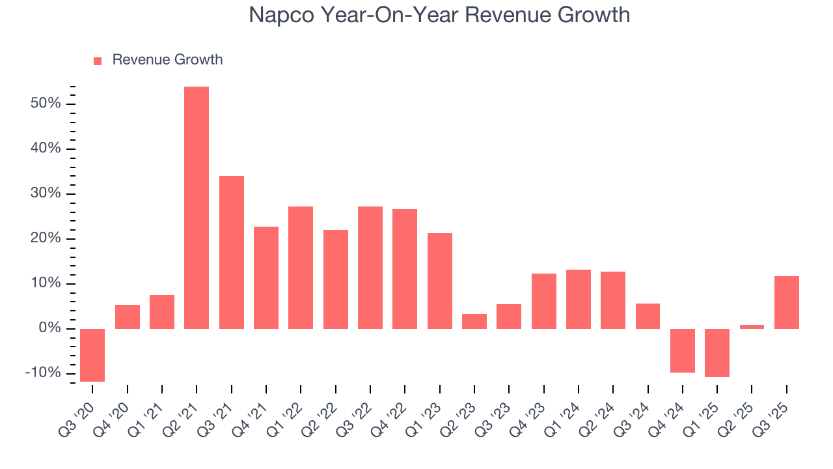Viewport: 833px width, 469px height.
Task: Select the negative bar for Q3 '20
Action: click(92, 355)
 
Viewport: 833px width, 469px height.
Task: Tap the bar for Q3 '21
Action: click(231, 252)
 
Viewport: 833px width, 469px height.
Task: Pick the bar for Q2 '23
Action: click(474, 321)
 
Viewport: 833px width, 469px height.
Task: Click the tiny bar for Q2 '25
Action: click(752, 326)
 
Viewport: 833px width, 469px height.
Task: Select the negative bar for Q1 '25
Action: click(717, 352)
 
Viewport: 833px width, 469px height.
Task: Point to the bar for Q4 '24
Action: click(683, 350)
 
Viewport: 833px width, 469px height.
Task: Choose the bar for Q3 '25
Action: click(787, 302)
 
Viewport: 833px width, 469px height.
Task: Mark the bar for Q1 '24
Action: click(579, 299)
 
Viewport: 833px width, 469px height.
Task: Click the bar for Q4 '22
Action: click(405, 268)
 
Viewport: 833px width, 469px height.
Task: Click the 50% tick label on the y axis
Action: click(45, 104)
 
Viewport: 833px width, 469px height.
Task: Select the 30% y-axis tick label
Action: click(45, 193)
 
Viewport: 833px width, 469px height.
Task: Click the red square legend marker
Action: click(98, 61)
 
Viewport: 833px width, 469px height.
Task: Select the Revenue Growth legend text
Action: click(167, 60)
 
